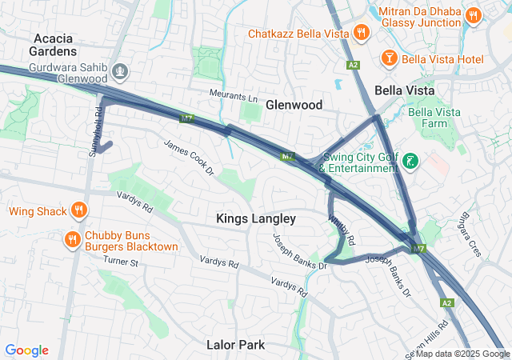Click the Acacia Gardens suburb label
point(55,44)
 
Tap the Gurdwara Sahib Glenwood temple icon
point(121,71)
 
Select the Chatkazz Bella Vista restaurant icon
point(362,34)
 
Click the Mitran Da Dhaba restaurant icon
point(474,14)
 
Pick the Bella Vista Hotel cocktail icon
point(389,60)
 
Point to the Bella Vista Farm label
point(436,118)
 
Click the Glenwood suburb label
point(294,105)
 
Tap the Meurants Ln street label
point(238,95)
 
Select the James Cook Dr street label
point(190,158)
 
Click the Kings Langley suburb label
point(256,218)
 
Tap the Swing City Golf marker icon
point(410,162)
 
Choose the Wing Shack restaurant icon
point(78,212)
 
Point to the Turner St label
point(121,262)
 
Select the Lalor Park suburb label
point(235,345)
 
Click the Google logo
point(26,350)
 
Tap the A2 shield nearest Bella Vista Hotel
point(353,64)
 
